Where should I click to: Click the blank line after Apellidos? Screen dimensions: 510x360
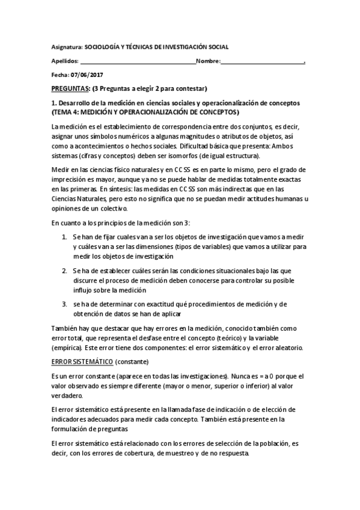point(138,61)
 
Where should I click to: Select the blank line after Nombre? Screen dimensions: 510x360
point(263,61)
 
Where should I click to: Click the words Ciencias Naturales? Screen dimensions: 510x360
point(79,198)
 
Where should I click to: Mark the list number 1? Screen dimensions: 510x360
point(64,238)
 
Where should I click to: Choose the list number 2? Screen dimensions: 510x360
point(64,271)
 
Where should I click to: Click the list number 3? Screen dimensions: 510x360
point(64,304)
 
